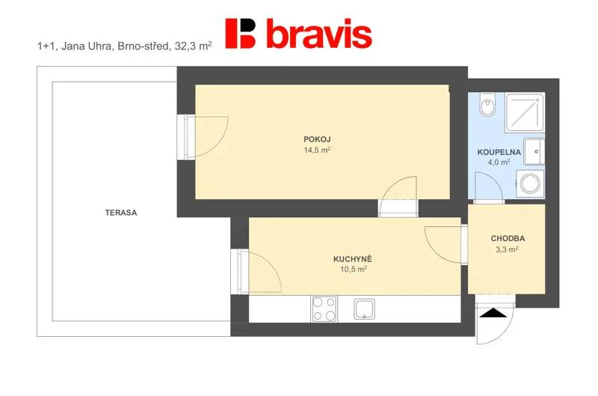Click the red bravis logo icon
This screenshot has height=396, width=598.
pyautogui.click(x=240, y=34)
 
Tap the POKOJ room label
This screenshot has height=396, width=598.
pyautogui.click(x=317, y=139)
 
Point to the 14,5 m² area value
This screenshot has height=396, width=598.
pyautogui.click(x=317, y=150)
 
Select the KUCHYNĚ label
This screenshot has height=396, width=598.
pyautogui.click(x=353, y=259)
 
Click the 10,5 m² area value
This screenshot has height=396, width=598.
pyautogui.click(x=354, y=269)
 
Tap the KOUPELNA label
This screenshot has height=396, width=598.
pyautogui.click(x=499, y=152)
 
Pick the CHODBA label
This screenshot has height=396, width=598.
pyautogui.click(x=508, y=238)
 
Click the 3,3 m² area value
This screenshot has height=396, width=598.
pyautogui.click(x=507, y=250)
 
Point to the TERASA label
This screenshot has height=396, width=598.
pyautogui.click(x=121, y=213)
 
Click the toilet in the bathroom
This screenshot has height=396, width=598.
pyautogui.click(x=487, y=104)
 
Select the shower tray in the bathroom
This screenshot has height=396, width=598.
pyautogui.click(x=525, y=112)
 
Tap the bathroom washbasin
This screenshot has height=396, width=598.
pyautogui.click(x=534, y=152)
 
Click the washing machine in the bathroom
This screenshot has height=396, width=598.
pyautogui.click(x=530, y=183)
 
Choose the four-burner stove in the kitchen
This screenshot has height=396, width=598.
pyautogui.click(x=324, y=308)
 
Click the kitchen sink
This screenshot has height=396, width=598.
pyautogui.click(x=364, y=309)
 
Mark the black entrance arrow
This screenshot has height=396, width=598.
pyautogui.click(x=493, y=313)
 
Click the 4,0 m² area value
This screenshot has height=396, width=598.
pyautogui.click(x=499, y=162)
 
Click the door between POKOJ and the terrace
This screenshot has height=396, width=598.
pyautogui.click(x=203, y=137)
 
